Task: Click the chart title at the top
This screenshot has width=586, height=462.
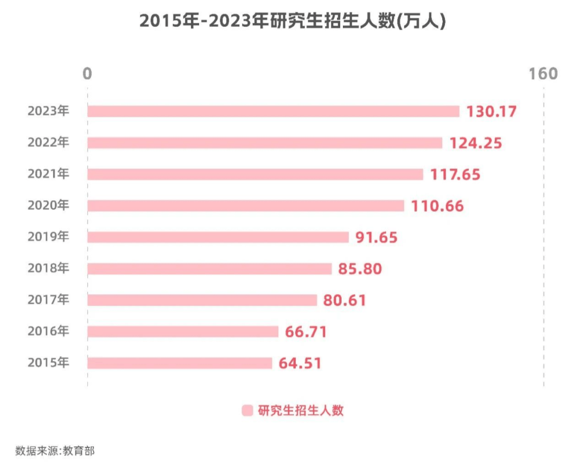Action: click(x=292, y=21)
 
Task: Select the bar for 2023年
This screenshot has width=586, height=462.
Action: click(x=273, y=111)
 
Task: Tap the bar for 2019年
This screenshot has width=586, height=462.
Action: click(x=218, y=237)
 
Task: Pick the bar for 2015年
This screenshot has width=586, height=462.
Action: click(x=180, y=363)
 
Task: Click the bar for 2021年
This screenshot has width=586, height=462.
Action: click(x=255, y=174)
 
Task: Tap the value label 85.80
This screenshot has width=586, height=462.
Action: click(x=360, y=269)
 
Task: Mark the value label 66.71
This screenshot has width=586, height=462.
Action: click(x=306, y=332)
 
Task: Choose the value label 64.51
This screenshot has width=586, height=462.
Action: click(x=300, y=363)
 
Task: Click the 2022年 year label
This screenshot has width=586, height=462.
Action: click(x=49, y=143)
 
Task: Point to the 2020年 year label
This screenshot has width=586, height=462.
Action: click(x=49, y=206)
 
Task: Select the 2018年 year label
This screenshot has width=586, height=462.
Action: click(x=49, y=269)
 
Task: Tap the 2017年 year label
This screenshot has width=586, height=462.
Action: click(x=49, y=300)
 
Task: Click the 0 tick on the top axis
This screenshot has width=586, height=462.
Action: click(x=87, y=74)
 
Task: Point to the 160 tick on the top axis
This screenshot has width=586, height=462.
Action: click(x=543, y=74)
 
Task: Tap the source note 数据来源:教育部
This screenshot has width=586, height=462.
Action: click(x=55, y=450)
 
